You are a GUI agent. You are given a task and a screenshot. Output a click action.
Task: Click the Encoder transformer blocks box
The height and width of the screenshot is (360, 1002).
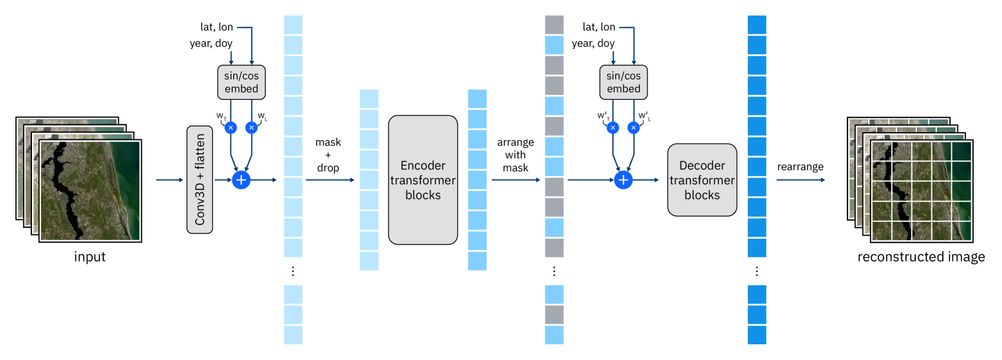[x=423, y=180]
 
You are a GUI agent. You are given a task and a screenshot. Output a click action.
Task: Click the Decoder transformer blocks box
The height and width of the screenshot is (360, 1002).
[x=702, y=180]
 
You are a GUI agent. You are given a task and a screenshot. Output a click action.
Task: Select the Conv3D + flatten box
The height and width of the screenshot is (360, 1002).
[x=200, y=180]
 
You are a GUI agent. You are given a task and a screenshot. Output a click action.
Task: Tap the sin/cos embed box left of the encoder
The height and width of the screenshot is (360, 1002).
[x=241, y=82]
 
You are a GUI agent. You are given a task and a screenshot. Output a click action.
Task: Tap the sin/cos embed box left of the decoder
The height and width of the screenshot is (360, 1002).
[x=623, y=82]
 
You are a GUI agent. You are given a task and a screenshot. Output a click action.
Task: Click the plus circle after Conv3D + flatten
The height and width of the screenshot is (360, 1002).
[x=241, y=180]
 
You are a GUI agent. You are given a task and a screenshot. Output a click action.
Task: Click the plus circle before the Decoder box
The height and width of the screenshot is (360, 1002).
[x=623, y=180]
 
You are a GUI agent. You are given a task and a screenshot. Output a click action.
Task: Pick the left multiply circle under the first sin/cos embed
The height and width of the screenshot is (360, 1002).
[x=230, y=128]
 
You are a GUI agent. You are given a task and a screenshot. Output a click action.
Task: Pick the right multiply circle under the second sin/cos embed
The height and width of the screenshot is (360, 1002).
[x=633, y=128]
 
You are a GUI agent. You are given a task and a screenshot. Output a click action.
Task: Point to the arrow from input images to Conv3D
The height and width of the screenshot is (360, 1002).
[x=169, y=180]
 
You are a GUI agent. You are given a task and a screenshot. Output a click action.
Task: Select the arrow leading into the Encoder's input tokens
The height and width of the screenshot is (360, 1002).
[x=330, y=180]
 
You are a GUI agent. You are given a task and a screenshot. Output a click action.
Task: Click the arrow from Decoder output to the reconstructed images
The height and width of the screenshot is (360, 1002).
[x=800, y=180]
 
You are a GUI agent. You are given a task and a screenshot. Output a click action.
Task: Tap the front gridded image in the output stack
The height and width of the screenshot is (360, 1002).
[x=921, y=191]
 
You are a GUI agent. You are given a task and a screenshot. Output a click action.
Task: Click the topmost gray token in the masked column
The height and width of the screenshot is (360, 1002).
[x=554, y=25]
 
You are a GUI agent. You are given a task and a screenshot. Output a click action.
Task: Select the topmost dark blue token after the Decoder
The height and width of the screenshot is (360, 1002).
[x=757, y=25]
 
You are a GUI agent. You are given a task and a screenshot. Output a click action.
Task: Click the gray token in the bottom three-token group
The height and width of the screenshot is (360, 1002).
[x=554, y=315]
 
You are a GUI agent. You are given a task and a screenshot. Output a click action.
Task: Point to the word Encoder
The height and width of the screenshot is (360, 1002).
[x=423, y=165]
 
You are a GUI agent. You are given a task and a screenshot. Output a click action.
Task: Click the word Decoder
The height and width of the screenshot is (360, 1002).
[x=702, y=165]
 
